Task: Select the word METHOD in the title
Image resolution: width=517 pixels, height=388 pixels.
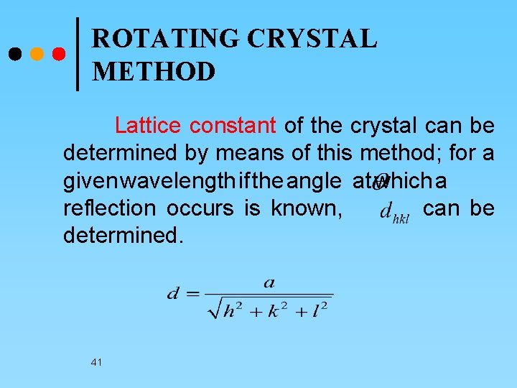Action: click(154, 72)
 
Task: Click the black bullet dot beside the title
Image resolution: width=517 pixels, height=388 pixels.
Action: click(14, 54)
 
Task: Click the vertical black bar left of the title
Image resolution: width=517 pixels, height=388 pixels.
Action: click(78, 54)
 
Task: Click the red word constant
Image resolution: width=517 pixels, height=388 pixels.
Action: click(233, 126)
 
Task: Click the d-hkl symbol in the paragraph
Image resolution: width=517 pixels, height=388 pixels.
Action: click(393, 212)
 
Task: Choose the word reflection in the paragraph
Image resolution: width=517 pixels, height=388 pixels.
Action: click(109, 208)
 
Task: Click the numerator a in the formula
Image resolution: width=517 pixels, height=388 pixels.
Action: click(269, 282)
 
